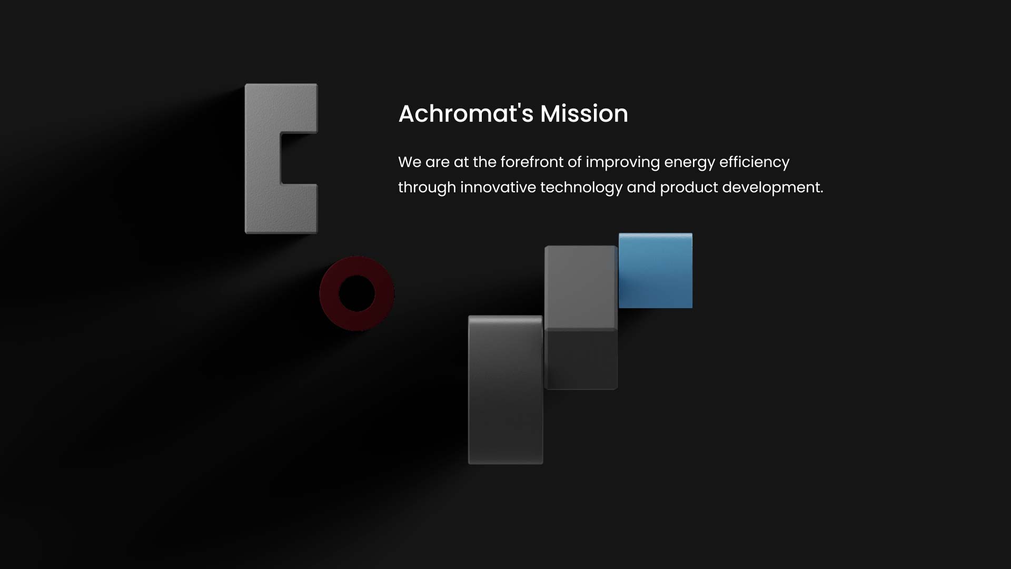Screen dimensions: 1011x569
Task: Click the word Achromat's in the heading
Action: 466,113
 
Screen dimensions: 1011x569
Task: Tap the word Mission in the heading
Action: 584,113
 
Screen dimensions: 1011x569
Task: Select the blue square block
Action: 656,270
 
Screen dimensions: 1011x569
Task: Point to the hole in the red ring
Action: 357,293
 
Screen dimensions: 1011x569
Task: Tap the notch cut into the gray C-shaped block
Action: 299,159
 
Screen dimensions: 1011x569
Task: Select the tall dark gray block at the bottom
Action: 506,390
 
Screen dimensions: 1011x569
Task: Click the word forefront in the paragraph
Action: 531,162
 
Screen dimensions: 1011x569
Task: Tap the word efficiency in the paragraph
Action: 754,163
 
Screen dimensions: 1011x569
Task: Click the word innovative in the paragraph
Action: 498,187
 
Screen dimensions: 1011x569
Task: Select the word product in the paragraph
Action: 689,188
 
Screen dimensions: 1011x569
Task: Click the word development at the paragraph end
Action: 772,188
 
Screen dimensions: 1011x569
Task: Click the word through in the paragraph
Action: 427,188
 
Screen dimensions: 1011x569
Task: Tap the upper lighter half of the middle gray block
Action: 581,288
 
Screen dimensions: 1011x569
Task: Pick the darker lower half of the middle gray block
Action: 581,360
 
